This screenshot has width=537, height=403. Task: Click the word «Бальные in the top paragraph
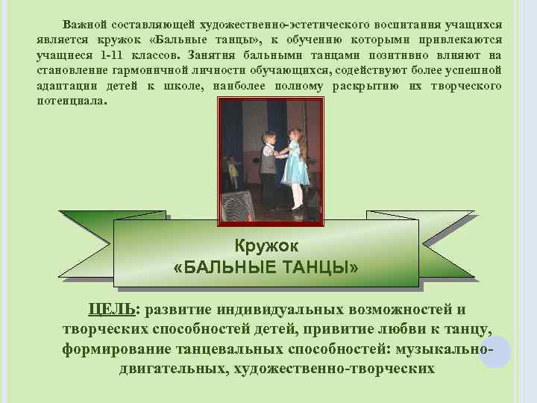[169, 39]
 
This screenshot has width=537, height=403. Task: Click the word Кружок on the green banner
[266, 245]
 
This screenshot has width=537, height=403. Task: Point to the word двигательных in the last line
[173, 368]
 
